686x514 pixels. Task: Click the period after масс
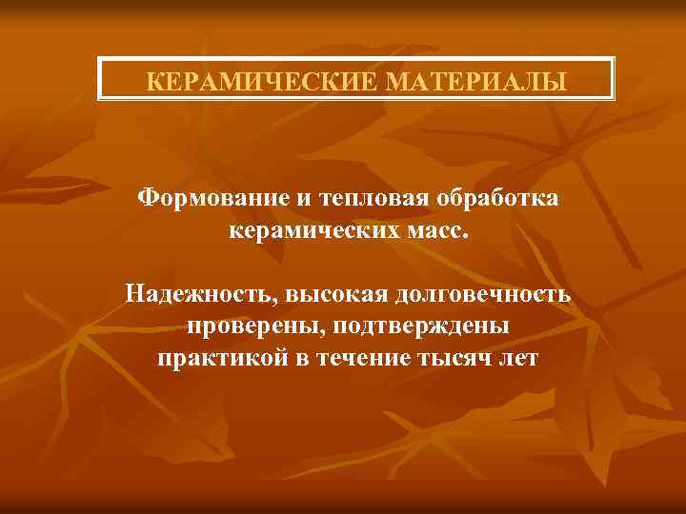pyautogui.click(x=467, y=238)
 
